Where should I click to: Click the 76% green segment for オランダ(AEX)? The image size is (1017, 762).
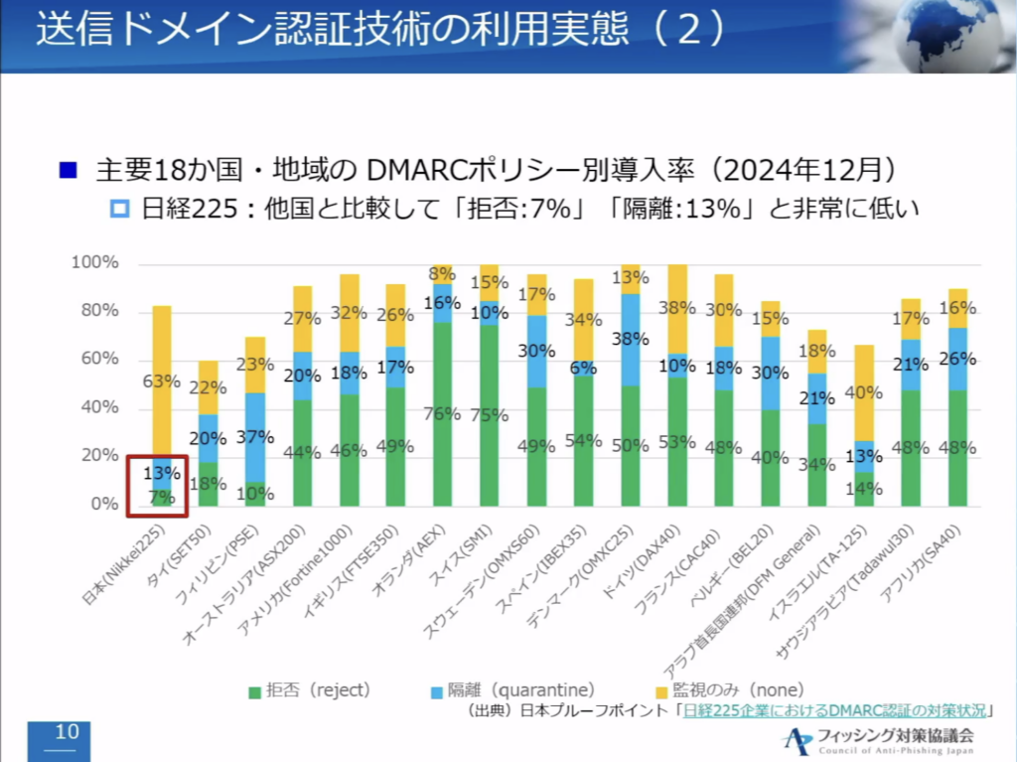click(443, 414)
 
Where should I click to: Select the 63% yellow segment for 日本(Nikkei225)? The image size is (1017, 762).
click(161, 381)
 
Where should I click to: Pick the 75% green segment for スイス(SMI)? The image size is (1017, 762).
click(490, 415)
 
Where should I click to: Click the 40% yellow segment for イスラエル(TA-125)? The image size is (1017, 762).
click(864, 392)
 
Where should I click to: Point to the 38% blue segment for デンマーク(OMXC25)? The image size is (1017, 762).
click(630, 339)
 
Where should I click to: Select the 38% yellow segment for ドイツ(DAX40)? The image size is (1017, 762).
click(677, 309)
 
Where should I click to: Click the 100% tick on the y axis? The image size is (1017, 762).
click(95, 263)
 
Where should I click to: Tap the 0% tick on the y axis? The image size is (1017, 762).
click(103, 505)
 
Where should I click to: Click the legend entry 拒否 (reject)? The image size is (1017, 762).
click(308, 689)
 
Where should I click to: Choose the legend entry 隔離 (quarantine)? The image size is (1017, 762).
click(516, 689)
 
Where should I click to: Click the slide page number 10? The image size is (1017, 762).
click(67, 733)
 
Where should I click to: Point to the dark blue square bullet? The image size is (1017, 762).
click(68, 170)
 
